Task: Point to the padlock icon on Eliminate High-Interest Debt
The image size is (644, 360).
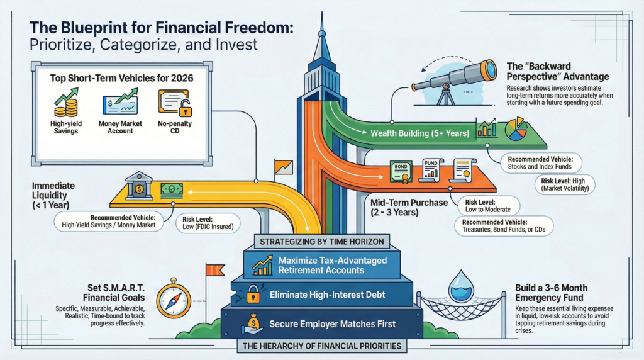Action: pyautogui.click(x=253, y=294)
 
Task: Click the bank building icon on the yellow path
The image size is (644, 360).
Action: pyautogui.click(x=138, y=186)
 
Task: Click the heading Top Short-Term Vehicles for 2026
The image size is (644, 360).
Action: pyautogui.click(x=123, y=78)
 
